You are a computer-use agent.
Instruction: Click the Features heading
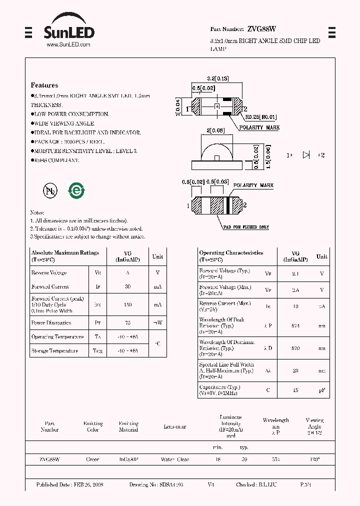44,85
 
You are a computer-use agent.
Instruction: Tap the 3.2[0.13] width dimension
217,78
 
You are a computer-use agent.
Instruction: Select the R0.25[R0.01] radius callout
260,117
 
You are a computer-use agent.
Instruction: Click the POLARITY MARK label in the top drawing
259,127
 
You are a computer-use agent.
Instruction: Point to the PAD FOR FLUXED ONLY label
246,227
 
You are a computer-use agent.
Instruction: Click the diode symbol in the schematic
306,155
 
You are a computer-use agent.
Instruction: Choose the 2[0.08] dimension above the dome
215,130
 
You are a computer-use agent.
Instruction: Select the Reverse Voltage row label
49,273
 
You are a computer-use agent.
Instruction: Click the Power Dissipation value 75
128,323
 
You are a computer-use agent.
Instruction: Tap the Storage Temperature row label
54,351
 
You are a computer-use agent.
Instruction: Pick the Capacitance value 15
295,390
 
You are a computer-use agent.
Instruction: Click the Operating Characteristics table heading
231,253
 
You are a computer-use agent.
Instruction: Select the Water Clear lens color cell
175,459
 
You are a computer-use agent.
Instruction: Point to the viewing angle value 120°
314,459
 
